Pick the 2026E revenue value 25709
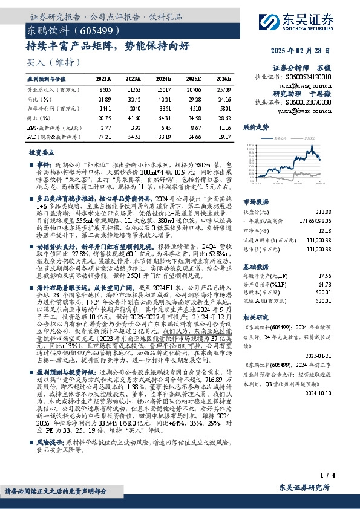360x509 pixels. point(223,89)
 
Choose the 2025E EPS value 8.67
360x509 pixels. point(194,128)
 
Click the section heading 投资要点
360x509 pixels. point(42,153)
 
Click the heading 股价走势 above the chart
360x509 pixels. point(256,129)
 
